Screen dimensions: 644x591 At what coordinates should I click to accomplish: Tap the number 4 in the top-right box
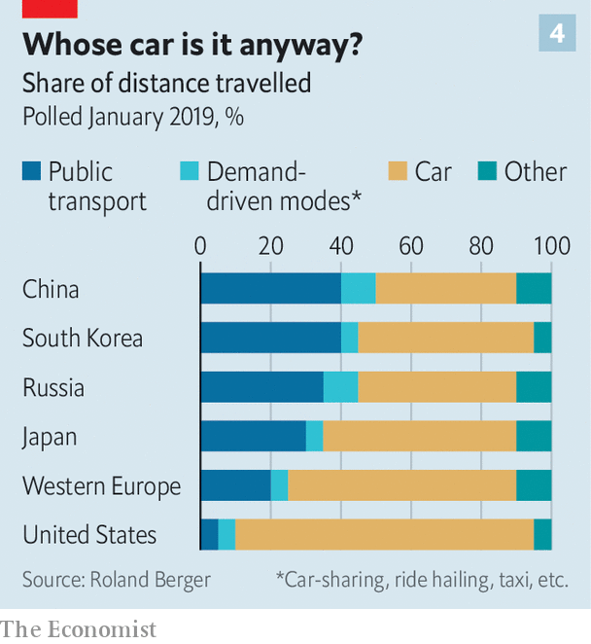[x=557, y=34]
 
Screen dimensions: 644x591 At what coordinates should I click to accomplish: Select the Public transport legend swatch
[x=32, y=173]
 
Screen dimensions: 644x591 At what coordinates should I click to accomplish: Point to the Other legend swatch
[x=487, y=173]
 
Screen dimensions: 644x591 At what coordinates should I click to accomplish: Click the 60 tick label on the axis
[x=411, y=245]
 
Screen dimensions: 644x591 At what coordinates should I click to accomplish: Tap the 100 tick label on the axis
[x=551, y=245]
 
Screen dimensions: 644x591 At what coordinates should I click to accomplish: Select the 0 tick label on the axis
[x=200, y=245]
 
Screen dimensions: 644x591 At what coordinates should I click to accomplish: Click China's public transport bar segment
[x=270, y=289]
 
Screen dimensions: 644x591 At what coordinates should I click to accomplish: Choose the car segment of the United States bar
[x=384, y=535]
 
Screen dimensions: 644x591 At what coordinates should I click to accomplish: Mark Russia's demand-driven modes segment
[x=340, y=387]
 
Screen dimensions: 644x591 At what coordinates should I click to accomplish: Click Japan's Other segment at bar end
[x=534, y=437]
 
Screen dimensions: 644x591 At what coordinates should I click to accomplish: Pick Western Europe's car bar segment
[x=401, y=485]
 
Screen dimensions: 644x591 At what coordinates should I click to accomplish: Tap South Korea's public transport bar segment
[x=270, y=338]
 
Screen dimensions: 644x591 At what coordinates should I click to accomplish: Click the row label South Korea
[x=83, y=339]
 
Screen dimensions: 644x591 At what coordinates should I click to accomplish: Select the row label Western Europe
[x=102, y=485]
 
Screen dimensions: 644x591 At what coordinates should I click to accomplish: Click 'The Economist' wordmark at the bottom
[x=78, y=629]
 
